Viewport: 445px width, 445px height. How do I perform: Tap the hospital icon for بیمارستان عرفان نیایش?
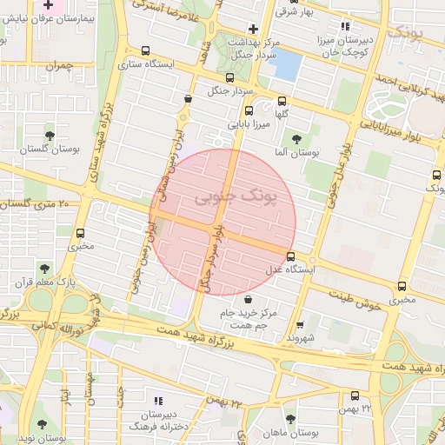48,6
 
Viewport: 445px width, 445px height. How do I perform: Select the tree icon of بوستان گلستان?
49,135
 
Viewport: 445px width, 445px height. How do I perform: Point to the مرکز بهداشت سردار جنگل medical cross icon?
252,28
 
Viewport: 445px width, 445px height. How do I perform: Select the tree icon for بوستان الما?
296,138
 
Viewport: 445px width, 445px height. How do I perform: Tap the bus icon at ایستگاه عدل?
290,256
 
